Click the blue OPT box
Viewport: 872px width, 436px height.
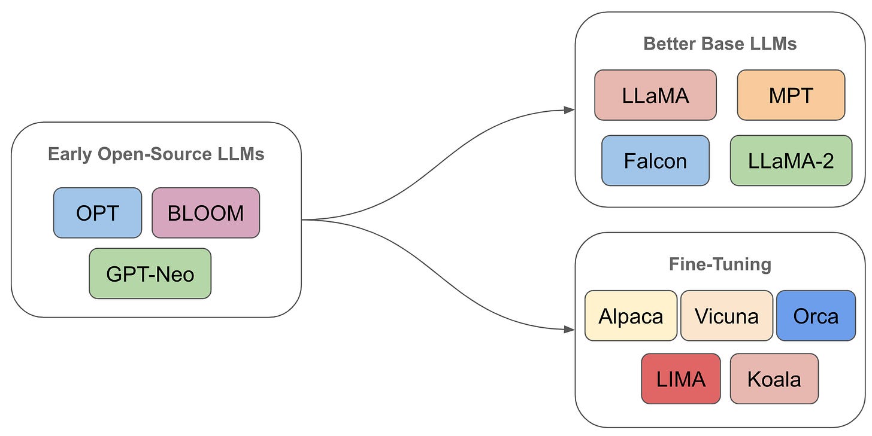pos(98,213)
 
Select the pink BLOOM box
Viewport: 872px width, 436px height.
pos(205,213)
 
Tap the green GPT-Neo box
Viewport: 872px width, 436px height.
pos(150,273)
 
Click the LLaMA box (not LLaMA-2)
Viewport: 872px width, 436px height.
pos(655,95)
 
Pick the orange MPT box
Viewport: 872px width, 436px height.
pos(791,95)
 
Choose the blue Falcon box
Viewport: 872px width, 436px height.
pos(655,160)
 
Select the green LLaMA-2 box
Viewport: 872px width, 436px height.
pos(791,160)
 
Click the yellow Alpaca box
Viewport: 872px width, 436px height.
pos(631,316)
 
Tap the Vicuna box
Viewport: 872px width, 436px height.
pos(727,316)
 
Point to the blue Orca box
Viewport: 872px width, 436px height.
pos(816,316)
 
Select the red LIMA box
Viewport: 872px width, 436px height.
pos(681,379)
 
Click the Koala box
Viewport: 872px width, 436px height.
pos(774,379)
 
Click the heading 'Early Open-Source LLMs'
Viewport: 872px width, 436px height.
pos(156,154)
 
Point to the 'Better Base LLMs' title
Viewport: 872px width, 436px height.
pos(720,44)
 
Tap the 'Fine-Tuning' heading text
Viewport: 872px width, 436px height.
pos(720,264)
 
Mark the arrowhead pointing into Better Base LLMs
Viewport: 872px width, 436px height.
pos(570,109)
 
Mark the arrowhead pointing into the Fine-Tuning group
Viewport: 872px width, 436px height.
pos(570,329)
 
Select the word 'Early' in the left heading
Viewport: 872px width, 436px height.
pos(67,154)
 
